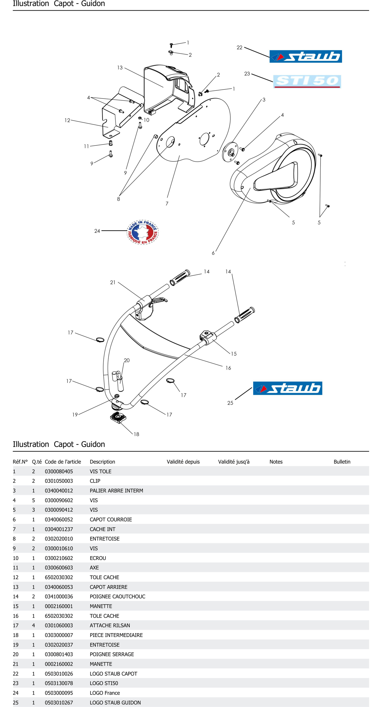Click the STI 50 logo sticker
[307, 81]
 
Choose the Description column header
[102, 462]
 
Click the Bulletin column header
[342, 462]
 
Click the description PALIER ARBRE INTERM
[116, 490]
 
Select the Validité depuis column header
[183, 462]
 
